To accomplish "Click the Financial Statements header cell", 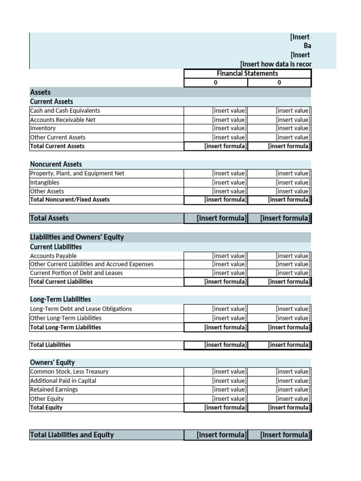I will [x=247, y=73].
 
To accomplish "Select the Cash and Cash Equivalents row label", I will [x=65, y=111].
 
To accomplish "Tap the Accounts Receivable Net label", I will [x=63, y=120].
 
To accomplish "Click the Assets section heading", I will [x=40, y=93].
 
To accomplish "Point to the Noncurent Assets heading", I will [x=56, y=164].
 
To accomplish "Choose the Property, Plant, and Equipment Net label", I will [x=77, y=173].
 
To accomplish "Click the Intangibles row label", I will [x=45, y=182].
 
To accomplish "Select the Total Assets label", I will [x=49, y=218].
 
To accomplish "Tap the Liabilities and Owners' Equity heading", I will [x=77, y=237].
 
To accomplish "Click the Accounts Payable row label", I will [x=53, y=256].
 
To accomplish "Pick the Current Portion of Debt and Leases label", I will [x=76, y=273].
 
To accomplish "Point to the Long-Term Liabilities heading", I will [x=61, y=299].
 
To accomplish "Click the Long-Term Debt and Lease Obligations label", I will [x=81, y=309].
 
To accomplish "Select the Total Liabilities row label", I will [x=50, y=345].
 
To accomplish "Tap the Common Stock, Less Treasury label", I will [x=69, y=372].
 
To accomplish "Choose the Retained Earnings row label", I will [x=54, y=389].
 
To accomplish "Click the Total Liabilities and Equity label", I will [x=72, y=435].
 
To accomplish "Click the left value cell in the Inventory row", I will [x=229, y=128].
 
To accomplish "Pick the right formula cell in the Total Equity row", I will [x=289, y=408].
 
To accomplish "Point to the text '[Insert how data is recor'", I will [x=275, y=64].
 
